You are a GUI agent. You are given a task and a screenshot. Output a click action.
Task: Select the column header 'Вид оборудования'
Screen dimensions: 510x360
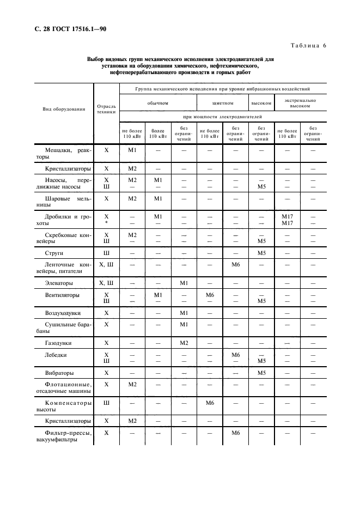[x=64, y=109]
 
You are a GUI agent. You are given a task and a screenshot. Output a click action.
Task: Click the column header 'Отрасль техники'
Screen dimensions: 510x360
[x=106, y=109]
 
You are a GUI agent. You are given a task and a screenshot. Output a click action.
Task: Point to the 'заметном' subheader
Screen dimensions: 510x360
[x=223, y=102]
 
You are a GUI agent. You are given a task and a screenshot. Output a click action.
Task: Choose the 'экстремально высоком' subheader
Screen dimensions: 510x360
[x=300, y=103]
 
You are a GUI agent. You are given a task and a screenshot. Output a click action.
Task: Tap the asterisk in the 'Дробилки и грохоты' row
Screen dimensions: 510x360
[x=106, y=223]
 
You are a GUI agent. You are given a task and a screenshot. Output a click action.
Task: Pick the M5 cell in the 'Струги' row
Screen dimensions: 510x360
[x=261, y=253]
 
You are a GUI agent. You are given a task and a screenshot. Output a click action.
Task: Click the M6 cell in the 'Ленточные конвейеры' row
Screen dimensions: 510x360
[x=236, y=264]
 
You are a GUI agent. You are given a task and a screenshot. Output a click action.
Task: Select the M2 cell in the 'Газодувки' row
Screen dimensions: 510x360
[x=184, y=343]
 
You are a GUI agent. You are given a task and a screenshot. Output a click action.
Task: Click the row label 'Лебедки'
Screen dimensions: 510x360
[x=56, y=355]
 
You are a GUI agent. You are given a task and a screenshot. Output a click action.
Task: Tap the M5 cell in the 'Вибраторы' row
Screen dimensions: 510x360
[x=261, y=373]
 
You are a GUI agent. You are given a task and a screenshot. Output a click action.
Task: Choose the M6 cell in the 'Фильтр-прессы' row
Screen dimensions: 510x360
[x=236, y=433]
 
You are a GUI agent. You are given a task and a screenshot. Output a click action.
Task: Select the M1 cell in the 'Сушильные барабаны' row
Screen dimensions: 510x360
[x=184, y=324]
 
